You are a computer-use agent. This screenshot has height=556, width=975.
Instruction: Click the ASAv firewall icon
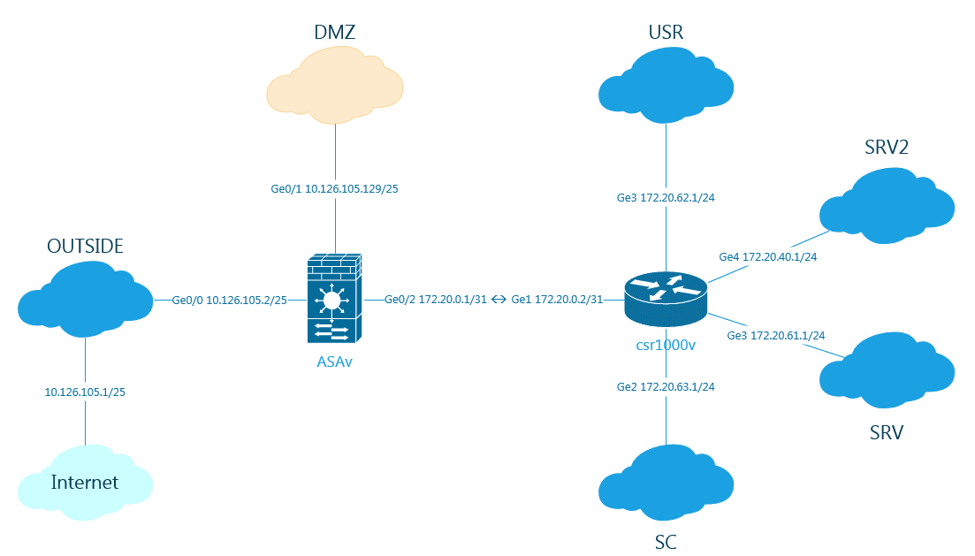point(331,299)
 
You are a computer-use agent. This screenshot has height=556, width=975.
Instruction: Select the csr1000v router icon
point(665,298)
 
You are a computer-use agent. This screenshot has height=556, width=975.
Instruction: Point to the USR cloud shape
point(665,87)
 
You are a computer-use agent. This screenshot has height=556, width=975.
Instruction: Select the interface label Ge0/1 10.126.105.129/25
point(335,188)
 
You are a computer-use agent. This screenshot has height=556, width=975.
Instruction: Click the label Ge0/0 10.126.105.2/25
point(229,300)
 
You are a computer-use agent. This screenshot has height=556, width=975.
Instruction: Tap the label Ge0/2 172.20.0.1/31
point(436,300)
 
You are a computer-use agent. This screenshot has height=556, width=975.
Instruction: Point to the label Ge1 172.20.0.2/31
point(557,300)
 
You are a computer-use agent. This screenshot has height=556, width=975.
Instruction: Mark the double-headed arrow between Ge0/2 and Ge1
point(499,300)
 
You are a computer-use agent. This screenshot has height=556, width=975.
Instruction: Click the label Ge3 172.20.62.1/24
point(666,197)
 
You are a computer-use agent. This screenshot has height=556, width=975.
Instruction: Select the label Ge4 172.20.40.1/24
point(768,257)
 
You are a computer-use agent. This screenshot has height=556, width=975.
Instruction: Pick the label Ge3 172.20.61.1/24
point(776,335)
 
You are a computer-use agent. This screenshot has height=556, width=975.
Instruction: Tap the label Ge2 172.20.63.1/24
point(666,387)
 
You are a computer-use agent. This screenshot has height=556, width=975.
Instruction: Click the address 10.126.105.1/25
point(85,392)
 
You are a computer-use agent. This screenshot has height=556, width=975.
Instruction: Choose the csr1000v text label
point(666,345)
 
